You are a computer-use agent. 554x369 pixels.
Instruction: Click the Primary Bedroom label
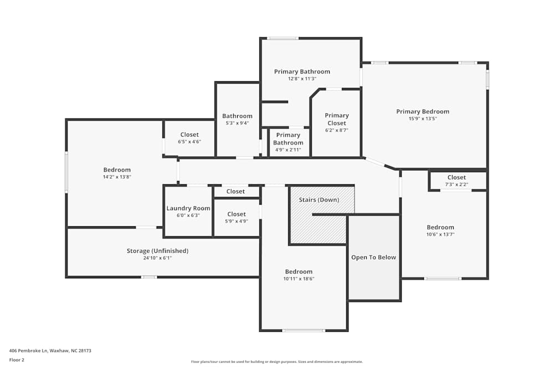[x=423, y=112]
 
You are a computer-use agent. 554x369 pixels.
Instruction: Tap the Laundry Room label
[x=188, y=209]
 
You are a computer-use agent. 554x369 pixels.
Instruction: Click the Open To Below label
[x=373, y=257]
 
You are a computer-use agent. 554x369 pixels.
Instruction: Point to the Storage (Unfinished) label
[x=157, y=251]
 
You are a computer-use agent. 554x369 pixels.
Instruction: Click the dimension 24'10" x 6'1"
[x=157, y=258]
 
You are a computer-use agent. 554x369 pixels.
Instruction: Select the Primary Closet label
[x=337, y=119]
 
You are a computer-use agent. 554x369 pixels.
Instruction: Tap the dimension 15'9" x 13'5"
[x=423, y=118]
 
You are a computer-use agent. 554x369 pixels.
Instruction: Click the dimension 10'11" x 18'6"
[x=299, y=279]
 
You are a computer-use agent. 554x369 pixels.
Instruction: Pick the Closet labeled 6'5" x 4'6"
[x=189, y=134]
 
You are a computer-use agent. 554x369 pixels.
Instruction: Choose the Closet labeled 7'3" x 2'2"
[x=456, y=178]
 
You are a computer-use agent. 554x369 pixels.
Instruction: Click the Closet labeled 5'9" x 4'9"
[x=236, y=214]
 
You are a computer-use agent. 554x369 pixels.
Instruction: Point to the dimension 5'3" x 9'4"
[x=237, y=123]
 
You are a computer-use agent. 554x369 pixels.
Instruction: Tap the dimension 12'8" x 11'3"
[x=302, y=79]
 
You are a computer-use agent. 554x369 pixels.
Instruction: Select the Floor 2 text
[x=17, y=360]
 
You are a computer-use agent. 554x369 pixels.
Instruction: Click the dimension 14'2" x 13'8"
[x=117, y=177]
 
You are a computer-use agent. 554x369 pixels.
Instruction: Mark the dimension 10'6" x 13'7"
[x=440, y=234]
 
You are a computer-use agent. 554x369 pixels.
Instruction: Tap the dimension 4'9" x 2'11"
[x=288, y=149]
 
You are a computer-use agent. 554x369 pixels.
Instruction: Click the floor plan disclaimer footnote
[x=277, y=361]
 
